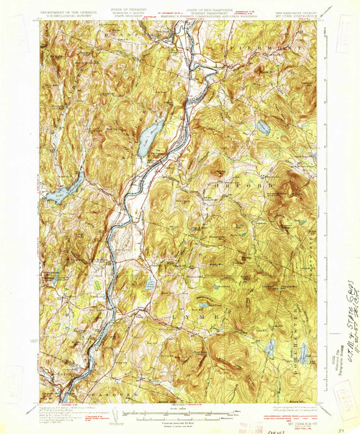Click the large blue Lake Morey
(x=150, y=137)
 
